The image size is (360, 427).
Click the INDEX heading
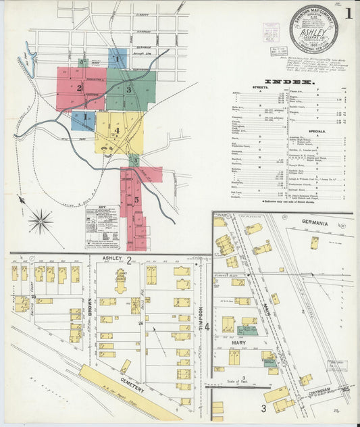coord(288,82)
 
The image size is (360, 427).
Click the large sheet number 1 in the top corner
coord(348,13)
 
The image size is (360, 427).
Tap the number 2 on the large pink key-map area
coord(79,88)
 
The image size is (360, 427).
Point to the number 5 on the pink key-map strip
coord(136,200)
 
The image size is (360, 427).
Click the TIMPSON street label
coord(201,319)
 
